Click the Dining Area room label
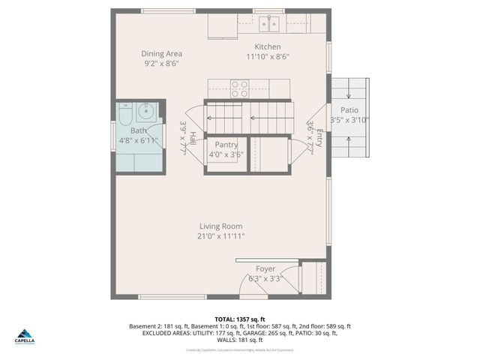pos(162,53)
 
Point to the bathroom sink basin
pos(146,113)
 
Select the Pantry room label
pos(226,145)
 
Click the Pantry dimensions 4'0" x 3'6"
pos(226,155)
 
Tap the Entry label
pos(319,138)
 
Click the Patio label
pos(349,110)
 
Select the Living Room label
pos(220,226)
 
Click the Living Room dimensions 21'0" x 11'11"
pos(220,236)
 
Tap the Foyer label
pos(265,268)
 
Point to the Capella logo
pos(24,337)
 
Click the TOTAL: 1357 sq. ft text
pos(239,319)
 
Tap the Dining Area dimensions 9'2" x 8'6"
pos(162,64)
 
